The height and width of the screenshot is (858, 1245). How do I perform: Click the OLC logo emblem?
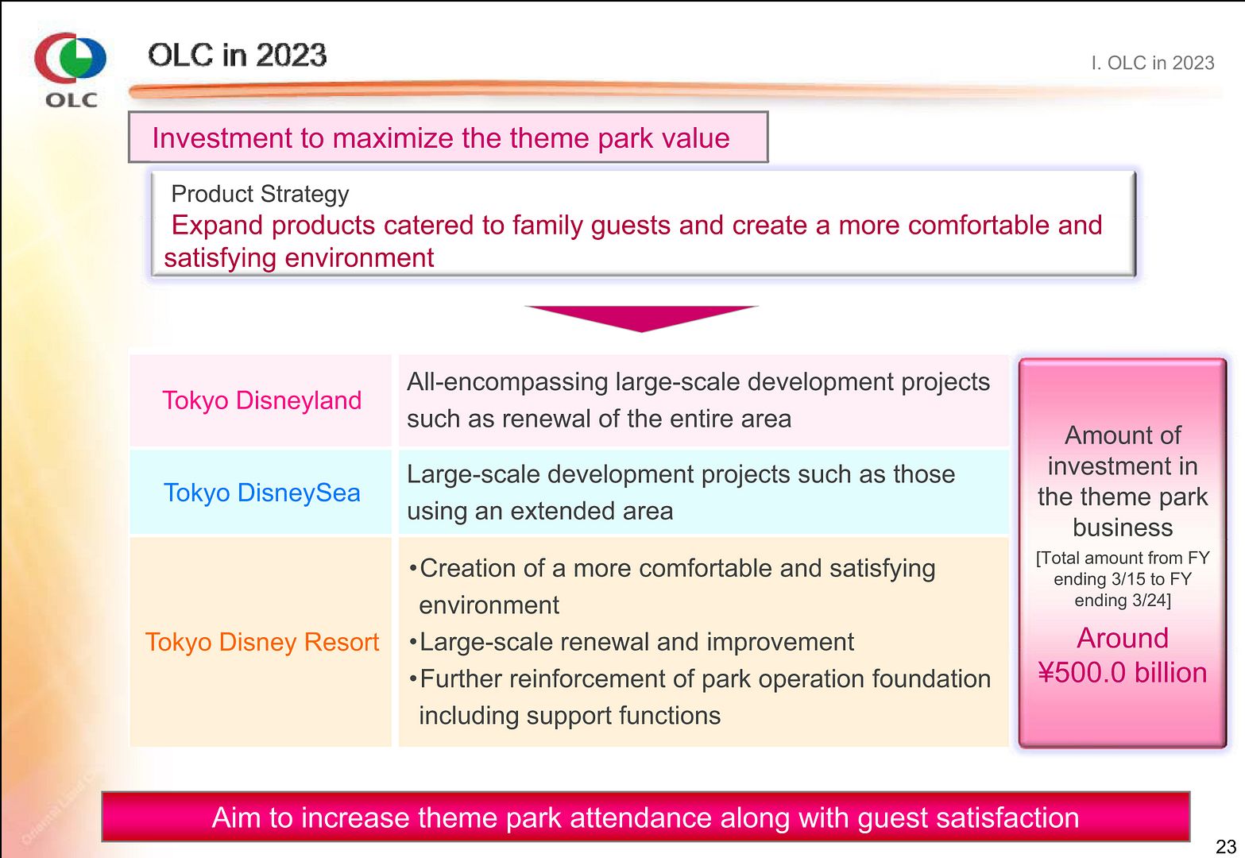(70, 57)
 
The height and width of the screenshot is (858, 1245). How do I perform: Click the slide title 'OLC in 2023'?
(238, 55)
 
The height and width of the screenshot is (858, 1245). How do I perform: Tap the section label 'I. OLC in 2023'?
(1152, 63)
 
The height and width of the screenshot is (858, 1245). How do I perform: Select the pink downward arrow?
(641, 319)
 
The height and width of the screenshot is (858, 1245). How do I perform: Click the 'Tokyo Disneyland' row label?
(261, 400)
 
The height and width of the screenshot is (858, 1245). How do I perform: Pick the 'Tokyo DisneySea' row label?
(261, 493)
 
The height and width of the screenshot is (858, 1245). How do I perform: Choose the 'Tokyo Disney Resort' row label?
(261, 642)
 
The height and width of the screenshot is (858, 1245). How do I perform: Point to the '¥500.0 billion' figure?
(1122, 672)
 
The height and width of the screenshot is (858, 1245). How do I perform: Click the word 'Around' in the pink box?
(1122, 638)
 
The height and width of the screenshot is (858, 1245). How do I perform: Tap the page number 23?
(1226, 846)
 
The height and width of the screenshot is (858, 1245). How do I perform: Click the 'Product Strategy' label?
(260, 195)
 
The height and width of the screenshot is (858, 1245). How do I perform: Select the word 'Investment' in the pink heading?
(222, 137)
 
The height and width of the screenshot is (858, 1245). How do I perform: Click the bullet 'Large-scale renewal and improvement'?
(632, 643)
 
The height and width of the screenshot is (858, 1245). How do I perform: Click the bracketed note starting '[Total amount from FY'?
(1123, 579)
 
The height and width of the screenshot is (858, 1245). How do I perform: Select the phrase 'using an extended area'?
(539, 512)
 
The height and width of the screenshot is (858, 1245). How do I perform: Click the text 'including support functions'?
(570, 716)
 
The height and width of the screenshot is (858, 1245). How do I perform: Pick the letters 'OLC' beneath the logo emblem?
(72, 100)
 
